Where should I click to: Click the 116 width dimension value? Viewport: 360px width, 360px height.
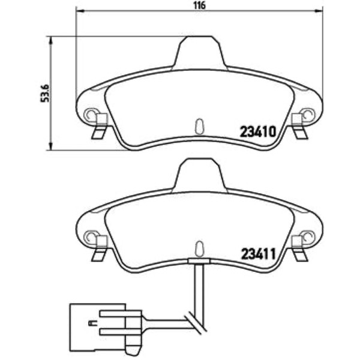[x=199, y=5]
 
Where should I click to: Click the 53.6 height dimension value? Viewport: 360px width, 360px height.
[x=45, y=93]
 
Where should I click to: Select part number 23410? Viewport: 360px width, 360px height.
[x=257, y=132]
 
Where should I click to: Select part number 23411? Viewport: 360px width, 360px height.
[x=258, y=254]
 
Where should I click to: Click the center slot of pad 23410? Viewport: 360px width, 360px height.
[x=200, y=126]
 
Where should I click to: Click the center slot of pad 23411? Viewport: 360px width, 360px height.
[x=199, y=249]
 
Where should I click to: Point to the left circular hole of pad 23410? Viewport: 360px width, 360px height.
[x=91, y=114]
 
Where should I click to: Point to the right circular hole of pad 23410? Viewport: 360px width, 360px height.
[x=308, y=114]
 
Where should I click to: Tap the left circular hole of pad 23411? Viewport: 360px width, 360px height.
[x=91, y=236]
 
